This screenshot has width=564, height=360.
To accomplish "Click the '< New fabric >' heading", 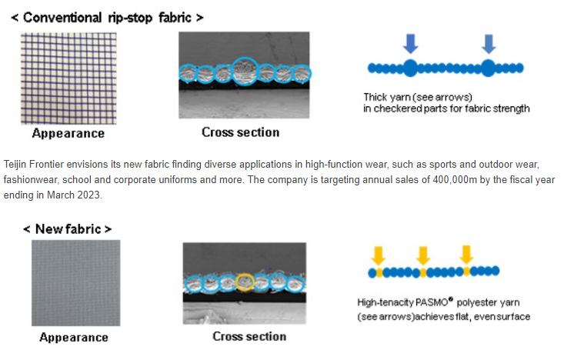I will (68, 228).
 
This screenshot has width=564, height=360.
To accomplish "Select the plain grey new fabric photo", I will (75, 282).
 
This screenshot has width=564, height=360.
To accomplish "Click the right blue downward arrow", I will (489, 44).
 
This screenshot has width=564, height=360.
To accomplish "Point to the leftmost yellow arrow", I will (377, 255).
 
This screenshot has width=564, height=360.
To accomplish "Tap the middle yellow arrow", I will (421, 255).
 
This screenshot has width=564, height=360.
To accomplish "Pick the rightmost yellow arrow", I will (466, 255).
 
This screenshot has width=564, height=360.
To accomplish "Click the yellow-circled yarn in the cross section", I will (245, 282).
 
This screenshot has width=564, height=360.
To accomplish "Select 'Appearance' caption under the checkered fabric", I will (68, 134).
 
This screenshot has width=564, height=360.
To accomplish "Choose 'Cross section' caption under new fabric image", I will (249, 336).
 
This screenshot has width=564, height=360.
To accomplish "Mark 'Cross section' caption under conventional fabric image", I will (240, 132).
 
